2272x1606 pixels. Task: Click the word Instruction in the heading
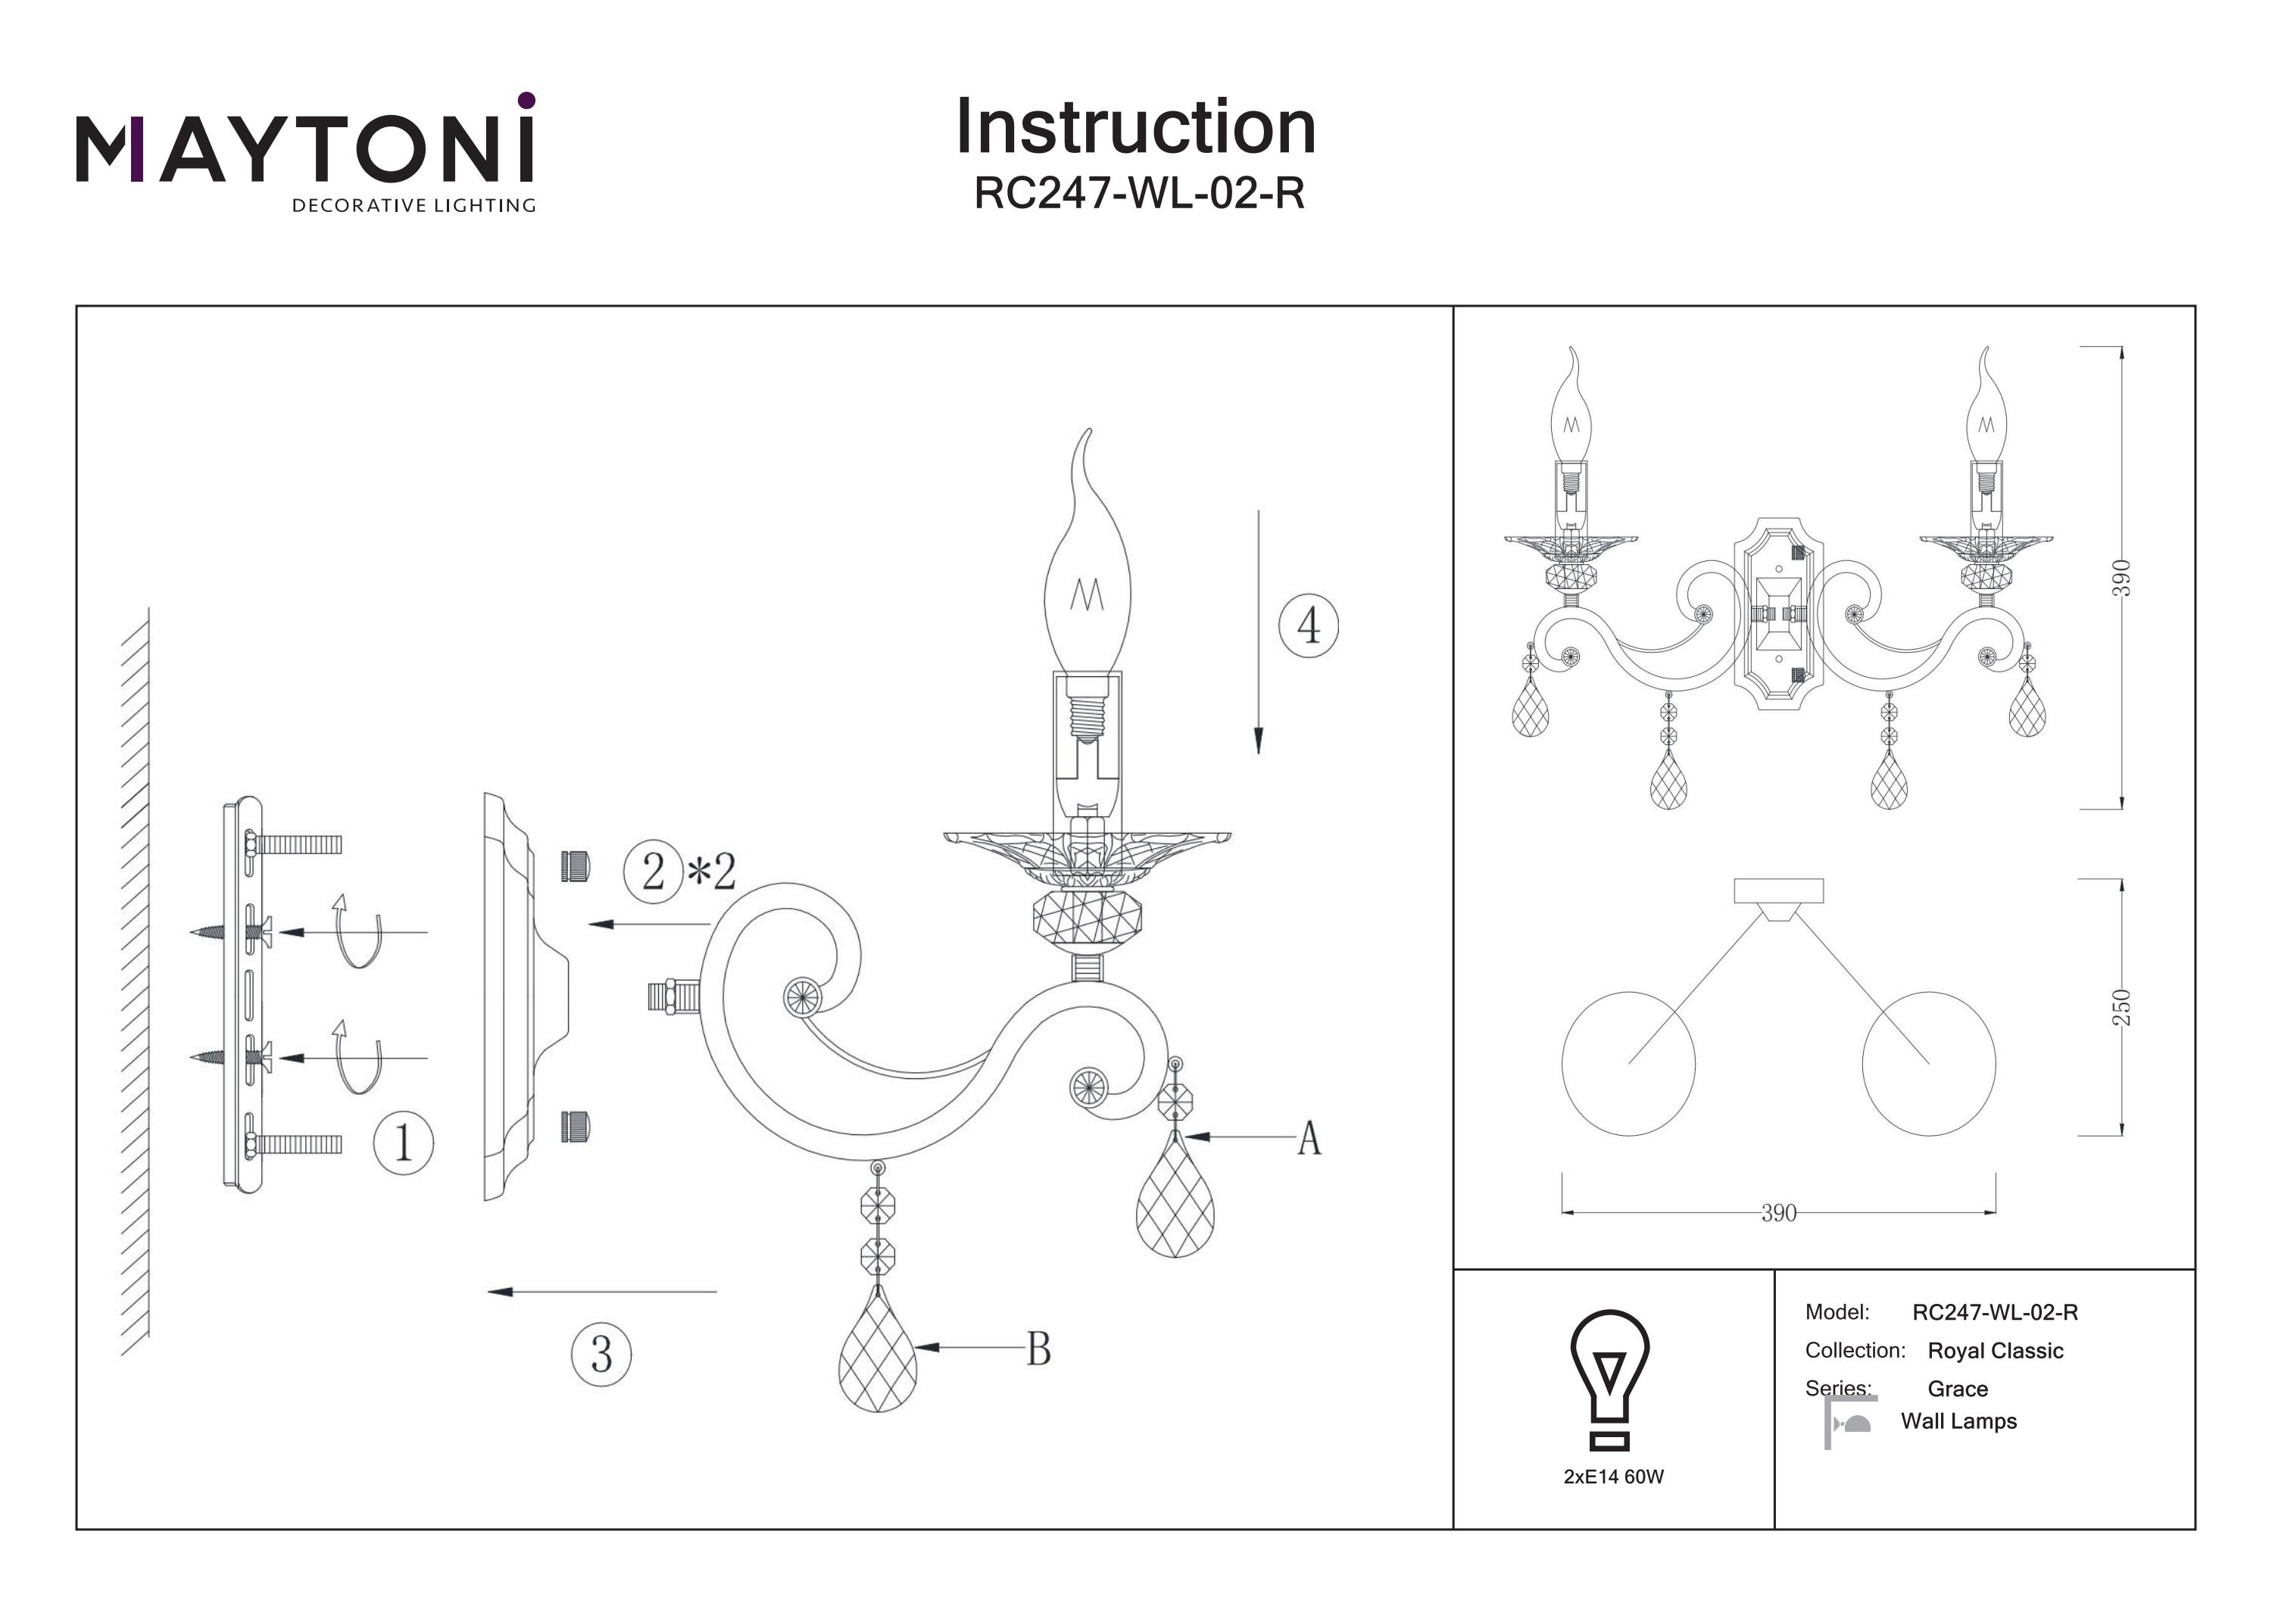[x=1135, y=128]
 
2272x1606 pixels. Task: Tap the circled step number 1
[x=403, y=1144]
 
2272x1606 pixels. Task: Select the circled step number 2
[x=653, y=872]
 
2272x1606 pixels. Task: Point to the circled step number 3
[x=601, y=1354]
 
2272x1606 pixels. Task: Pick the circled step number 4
[x=1308, y=625]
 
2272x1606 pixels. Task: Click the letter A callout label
[x=1309, y=1139]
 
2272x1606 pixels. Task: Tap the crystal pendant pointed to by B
[x=878, y=1351]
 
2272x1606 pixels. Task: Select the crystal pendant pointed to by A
[x=1175, y=1197]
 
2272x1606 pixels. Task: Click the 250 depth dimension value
[x=2121, y=1007]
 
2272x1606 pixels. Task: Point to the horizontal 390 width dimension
[x=1778, y=1213]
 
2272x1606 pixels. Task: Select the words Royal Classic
[x=1995, y=1351]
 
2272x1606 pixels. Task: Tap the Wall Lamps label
[x=1958, y=1422]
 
